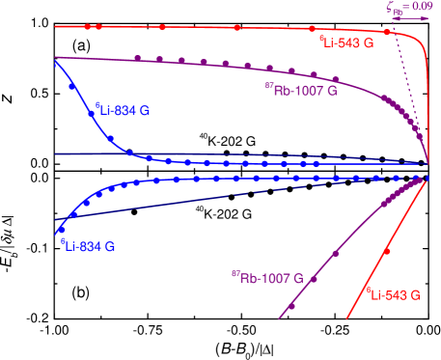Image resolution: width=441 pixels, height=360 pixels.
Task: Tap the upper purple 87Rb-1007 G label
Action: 299,88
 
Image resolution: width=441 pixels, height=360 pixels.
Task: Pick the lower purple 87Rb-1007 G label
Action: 266,279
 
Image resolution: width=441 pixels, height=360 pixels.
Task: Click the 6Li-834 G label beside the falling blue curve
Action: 123,111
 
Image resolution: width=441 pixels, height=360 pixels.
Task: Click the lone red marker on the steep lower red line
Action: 387,249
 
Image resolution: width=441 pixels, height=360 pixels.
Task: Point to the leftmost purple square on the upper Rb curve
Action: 139,59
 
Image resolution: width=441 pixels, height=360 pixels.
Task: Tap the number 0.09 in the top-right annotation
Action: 423,7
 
